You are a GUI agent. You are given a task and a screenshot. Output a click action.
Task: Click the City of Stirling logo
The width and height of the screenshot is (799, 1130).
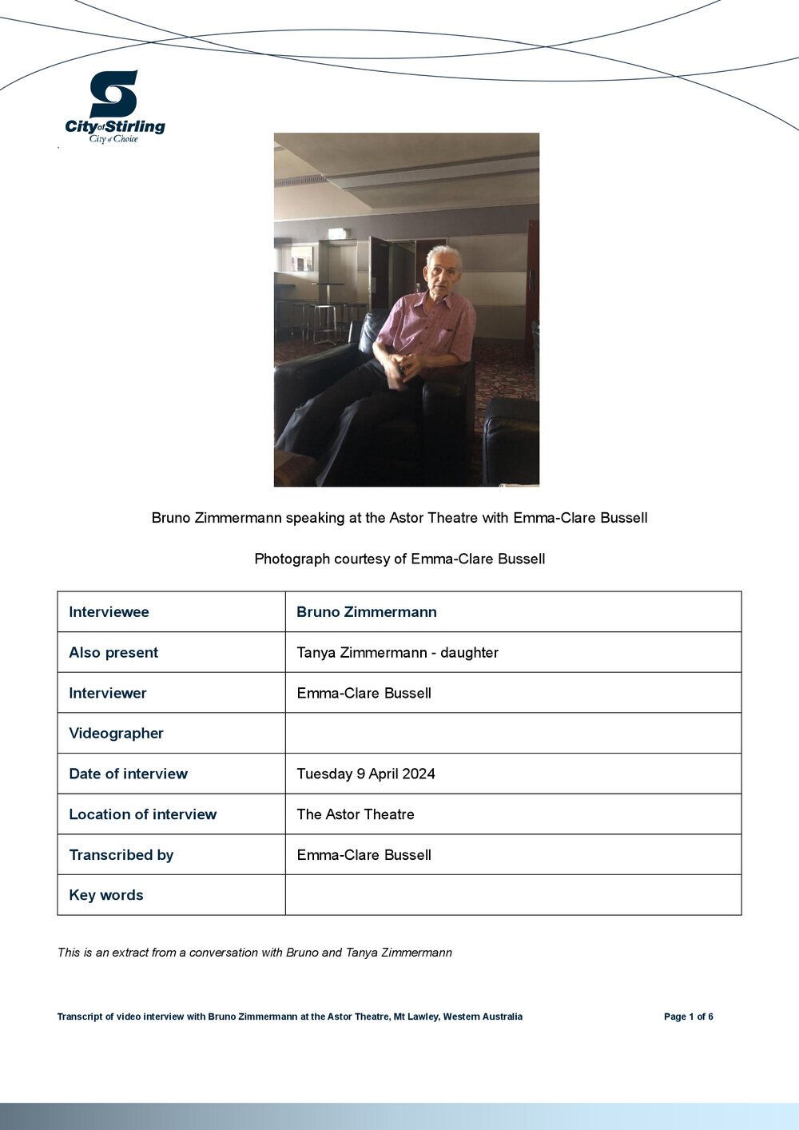click(x=114, y=106)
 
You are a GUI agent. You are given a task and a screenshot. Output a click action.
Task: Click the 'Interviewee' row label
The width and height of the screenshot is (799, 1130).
click(x=109, y=612)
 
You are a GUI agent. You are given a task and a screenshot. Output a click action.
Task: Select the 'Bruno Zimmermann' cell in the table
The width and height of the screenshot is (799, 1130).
click(x=367, y=612)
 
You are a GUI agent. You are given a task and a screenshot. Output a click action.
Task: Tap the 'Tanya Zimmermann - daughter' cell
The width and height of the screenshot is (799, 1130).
click(x=397, y=653)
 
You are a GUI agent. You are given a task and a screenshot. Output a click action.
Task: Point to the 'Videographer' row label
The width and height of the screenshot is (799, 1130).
click(x=116, y=734)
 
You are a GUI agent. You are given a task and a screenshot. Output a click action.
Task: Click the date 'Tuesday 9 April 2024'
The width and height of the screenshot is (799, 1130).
click(x=366, y=774)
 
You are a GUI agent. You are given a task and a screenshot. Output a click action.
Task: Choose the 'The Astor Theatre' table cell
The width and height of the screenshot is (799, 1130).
click(x=356, y=814)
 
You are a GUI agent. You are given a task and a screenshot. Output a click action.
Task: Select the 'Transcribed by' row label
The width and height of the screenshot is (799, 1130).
click(x=121, y=855)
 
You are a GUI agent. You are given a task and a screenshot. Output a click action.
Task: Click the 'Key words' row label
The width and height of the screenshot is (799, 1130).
click(x=106, y=895)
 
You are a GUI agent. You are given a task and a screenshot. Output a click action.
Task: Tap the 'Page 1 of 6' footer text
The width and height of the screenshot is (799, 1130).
click(x=688, y=1017)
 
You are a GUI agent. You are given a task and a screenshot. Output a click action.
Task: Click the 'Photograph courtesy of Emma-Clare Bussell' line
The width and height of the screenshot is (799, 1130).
click(x=399, y=559)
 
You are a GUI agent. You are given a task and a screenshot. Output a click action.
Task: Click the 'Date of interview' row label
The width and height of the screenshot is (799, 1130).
click(x=128, y=774)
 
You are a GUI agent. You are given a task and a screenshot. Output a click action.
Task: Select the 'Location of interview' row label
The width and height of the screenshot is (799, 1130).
click(x=142, y=814)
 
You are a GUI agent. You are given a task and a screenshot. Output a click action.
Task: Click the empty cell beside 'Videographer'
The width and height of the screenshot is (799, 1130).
click(x=513, y=734)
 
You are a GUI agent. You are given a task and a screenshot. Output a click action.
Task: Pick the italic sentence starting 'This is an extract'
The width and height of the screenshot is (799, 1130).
click(x=255, y=953)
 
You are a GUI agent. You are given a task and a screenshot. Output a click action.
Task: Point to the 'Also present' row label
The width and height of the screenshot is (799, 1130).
click(x=113, y=653)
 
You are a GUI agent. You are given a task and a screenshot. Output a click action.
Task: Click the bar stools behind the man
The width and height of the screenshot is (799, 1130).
click(x=324, y=320)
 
